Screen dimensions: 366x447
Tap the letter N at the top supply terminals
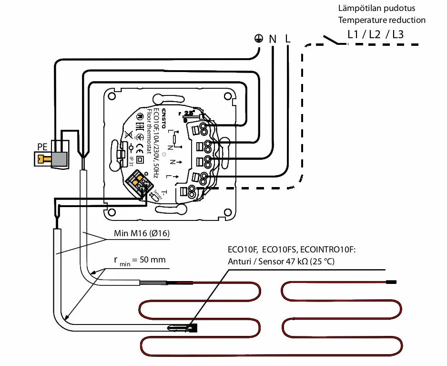click(x=273, y=39)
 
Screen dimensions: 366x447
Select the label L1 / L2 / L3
click(x=375, y=34)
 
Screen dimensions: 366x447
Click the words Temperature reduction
click(x=382, y=20)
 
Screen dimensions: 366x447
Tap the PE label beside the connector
click(x=42, y=146)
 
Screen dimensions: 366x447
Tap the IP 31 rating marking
click(x=131, y=162)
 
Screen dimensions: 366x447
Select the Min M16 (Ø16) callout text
click(x=142, y=234)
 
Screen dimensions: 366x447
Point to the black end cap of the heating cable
click(x=391, y=282)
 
